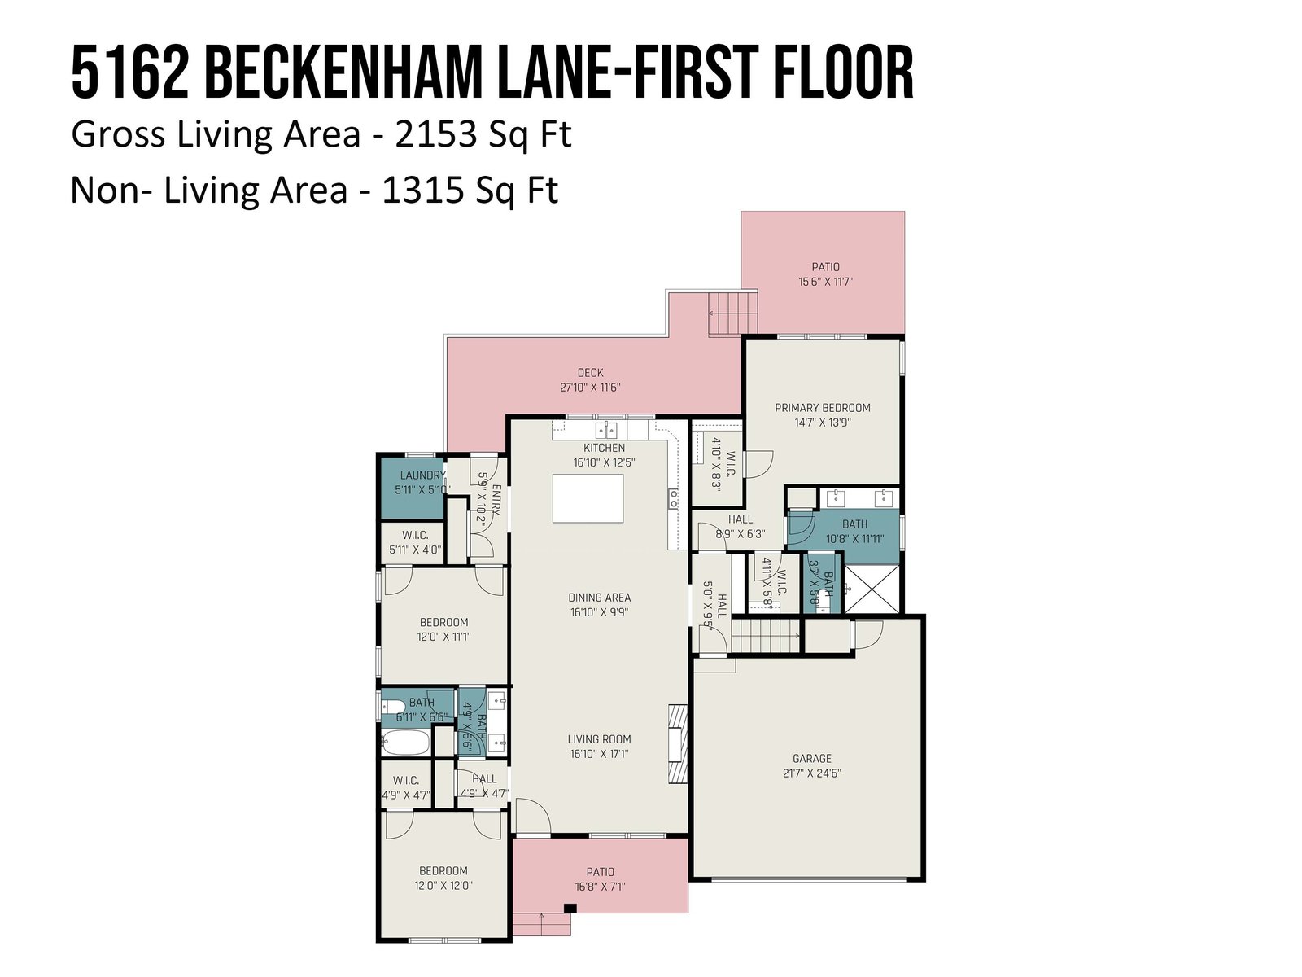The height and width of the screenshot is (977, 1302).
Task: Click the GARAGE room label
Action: [811, 758]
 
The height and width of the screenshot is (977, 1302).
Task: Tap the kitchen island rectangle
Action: [588, 498]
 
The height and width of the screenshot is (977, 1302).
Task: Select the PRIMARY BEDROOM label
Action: [822, 408]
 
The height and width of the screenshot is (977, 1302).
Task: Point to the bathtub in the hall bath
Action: [405, 742]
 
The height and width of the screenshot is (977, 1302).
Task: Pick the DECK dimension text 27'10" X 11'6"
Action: [590, 388]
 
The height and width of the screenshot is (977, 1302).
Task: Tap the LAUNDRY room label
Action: [422, 475]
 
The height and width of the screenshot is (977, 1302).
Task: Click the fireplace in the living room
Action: [677, 743]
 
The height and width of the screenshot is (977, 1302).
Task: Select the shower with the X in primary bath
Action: [871, 589]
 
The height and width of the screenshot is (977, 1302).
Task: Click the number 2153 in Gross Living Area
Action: [435, 134]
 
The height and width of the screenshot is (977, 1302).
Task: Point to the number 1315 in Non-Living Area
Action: [422, 191]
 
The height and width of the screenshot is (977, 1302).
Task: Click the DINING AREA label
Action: [599, 598]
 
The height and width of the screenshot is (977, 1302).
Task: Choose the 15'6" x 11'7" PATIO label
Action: [825, 274]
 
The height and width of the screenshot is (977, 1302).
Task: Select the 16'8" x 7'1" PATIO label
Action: [600, 879]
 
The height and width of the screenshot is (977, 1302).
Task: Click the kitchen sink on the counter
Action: [606, 430]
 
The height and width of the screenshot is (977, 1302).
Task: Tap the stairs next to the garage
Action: [766, 635]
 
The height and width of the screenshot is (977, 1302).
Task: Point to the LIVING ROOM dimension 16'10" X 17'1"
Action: [599, 754]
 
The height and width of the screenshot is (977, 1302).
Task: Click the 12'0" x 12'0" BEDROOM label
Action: [443, 878]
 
